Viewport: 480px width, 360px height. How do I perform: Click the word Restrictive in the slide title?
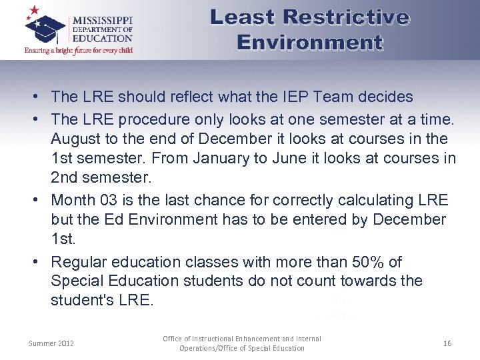pyautogui.click(x=347, y=17)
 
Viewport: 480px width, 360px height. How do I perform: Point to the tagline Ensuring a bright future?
pyautogui.click(x=79, y=50)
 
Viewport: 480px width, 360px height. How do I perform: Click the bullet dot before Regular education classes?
pyautogui.click(x=32, y=262)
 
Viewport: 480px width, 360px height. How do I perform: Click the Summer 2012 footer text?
pyautogui.click(x=51, y=343)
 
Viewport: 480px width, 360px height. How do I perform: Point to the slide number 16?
pyautogui.click(x=447, y=343)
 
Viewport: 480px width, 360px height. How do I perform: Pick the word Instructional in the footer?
pyautogui.click(x=214, y=339)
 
